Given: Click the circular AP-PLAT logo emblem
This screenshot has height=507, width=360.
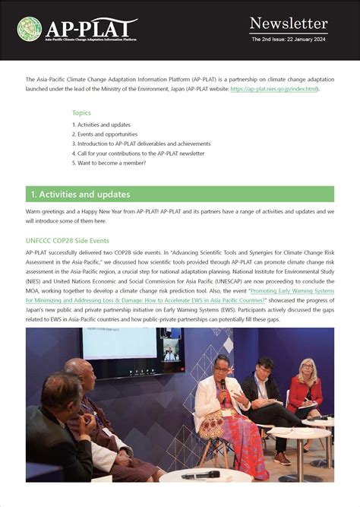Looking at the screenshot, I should coord(29,29).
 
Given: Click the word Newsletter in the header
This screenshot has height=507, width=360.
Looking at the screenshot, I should coord(288,24).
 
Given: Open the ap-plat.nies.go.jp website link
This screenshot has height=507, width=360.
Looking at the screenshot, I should coord(279,89).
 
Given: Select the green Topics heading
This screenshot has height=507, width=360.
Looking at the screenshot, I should coord(81,112).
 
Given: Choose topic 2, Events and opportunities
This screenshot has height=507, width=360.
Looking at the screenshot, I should coord(105,134).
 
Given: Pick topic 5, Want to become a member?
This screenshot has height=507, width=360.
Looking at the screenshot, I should coord(109,163).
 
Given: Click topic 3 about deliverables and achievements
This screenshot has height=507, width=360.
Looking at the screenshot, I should coord(141,144).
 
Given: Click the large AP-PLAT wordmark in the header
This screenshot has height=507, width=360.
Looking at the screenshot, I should coord(90,30).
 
